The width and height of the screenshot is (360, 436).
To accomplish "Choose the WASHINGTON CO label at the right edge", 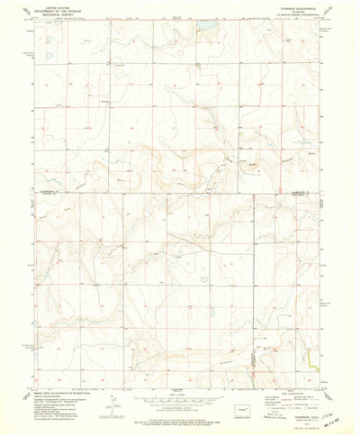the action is tap(305, 192).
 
